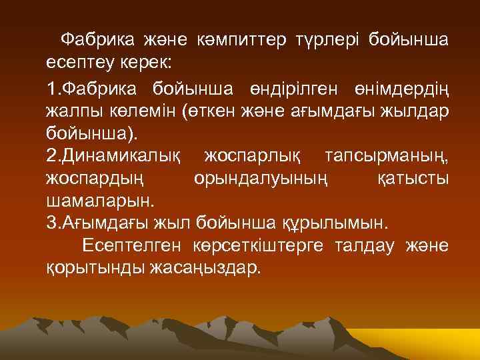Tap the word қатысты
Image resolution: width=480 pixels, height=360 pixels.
point(414,178)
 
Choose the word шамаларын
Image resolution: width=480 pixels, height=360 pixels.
point(99,199)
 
